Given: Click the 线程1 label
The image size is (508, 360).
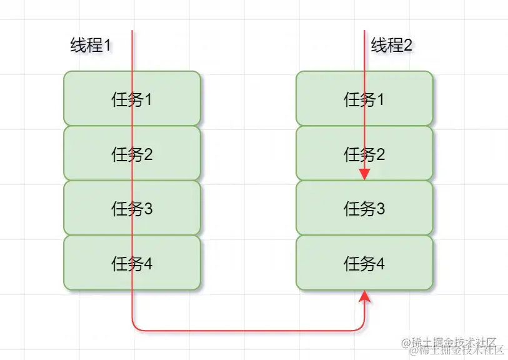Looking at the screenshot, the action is coord(91,46).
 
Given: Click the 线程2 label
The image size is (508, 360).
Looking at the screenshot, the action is coord(392,46).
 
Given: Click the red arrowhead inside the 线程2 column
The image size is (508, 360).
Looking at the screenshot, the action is coord(365,174).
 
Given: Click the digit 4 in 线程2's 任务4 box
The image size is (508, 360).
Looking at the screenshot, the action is coord(381,264).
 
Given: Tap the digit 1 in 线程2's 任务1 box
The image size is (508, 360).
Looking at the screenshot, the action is coord(381,99).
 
